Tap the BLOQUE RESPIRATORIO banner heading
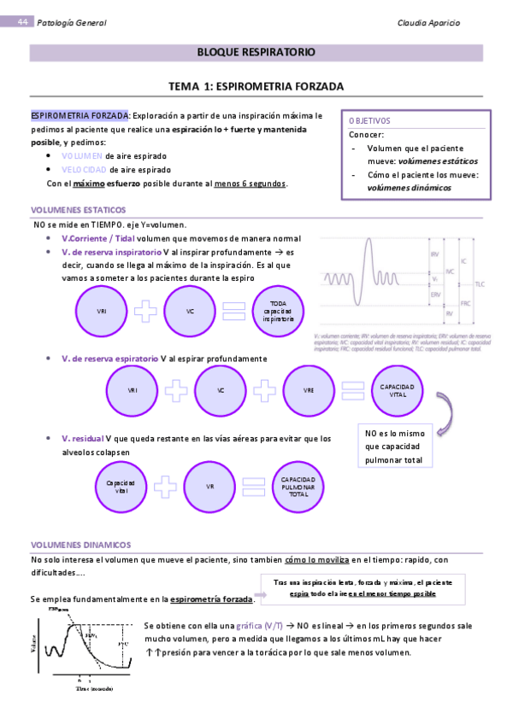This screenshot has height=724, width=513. click(x=256, y=53)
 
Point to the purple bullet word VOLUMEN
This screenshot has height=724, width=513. click(x=83, y=156)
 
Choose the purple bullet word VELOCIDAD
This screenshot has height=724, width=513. click(x=85, y=170)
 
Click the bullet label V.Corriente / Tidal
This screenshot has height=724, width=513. click(x=98, y=239)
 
